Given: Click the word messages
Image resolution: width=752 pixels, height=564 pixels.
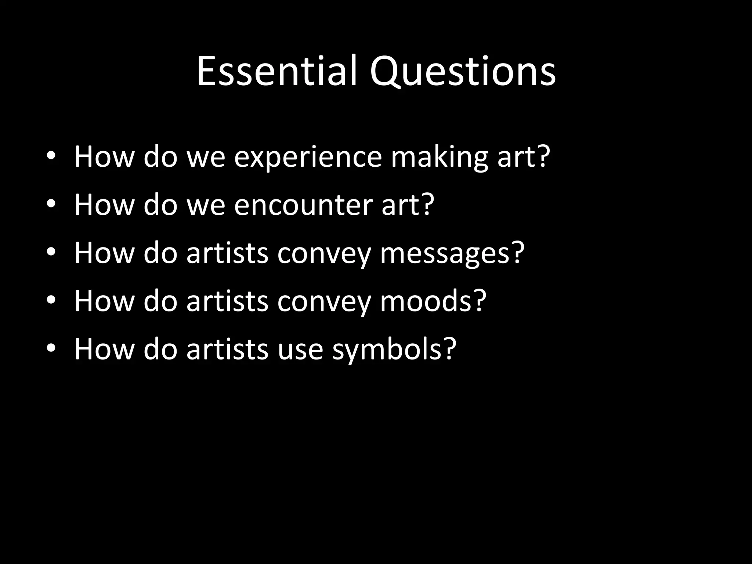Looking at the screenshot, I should [x=445, y=253].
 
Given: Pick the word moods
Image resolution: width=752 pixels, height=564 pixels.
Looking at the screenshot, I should [x=426, y=301].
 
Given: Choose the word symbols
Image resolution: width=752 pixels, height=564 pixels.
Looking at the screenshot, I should [x=387, y=349].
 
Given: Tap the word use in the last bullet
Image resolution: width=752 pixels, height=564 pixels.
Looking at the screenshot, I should [x=300, y=349].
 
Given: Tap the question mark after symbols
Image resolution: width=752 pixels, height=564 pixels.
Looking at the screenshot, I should [x=449, y=348].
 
